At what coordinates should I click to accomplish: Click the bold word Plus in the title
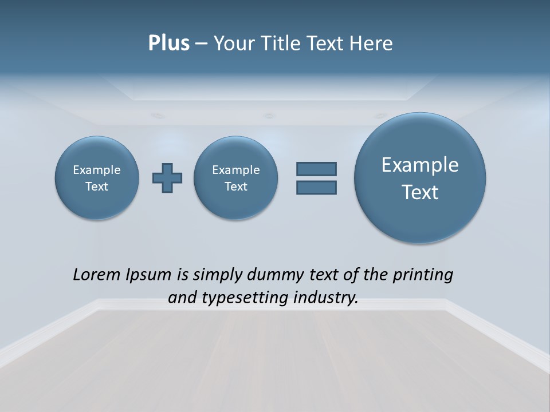click(x=168, y=43)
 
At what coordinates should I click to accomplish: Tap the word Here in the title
click(x=372, y=43)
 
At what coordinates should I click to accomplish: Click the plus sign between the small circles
click(x=167, y=178)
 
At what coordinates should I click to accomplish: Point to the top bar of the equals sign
click(x=316, y=169)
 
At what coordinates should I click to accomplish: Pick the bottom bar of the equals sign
click(x=316, y=187)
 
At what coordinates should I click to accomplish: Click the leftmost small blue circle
click(x=97, y=177)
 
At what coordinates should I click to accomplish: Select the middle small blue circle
click(x=236, y=177)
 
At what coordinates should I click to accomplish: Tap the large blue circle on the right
click(x=420, y=177)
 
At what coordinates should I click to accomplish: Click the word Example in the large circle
click(x=420, y=165)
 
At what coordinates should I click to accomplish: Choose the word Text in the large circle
click(x=420, y=192)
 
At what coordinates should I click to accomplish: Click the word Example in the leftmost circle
click(x=97, y=170)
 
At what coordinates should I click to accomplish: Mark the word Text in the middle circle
click(x=236, y=187)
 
